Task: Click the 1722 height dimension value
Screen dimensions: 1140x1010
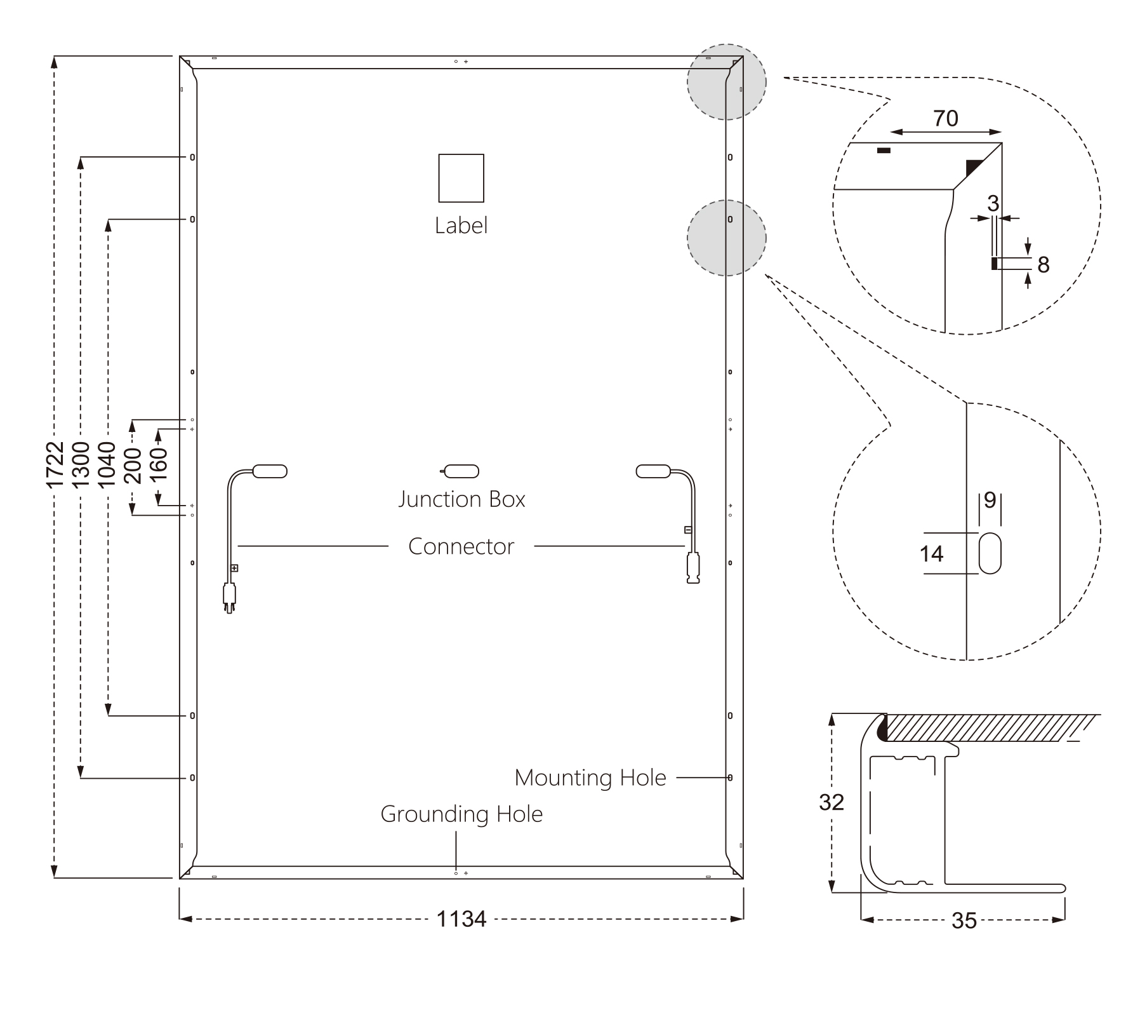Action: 55,465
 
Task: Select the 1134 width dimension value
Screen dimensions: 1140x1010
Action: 461,919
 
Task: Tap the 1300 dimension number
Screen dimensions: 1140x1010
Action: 81,465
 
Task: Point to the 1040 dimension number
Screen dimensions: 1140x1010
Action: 107,465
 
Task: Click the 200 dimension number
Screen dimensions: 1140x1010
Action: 133,466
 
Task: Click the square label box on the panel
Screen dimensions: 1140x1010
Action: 461,178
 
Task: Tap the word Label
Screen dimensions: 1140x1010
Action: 461,226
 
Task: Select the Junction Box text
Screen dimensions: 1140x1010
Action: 461,499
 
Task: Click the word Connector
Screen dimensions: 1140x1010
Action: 461,546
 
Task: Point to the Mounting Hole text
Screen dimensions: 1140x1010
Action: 590,778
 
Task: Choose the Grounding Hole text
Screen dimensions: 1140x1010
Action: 461,814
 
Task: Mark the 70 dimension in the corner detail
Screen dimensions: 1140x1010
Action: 946,119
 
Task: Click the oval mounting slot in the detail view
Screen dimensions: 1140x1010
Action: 990,553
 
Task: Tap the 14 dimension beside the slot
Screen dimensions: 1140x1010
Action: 932,555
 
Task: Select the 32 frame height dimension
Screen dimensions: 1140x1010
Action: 832,803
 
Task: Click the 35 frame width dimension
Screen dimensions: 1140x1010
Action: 964,921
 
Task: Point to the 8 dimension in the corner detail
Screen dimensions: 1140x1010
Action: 1044,265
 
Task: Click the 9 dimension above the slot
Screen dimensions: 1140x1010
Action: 990,501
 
